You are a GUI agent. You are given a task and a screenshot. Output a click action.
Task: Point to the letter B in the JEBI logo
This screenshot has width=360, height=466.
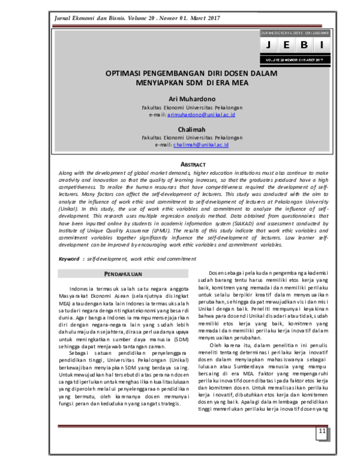click(304, 46)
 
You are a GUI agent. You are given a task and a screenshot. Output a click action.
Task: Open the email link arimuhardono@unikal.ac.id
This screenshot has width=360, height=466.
click(201, 113)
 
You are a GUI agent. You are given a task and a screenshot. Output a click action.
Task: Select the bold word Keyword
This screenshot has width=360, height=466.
click(69, 258)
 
